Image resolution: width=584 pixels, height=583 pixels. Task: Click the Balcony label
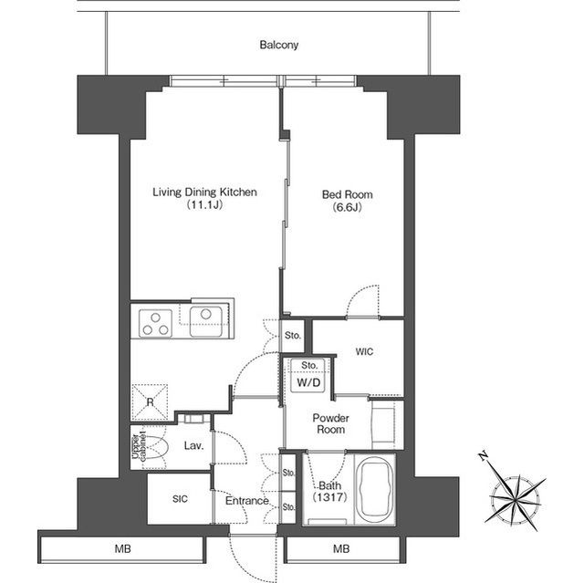(279, 45)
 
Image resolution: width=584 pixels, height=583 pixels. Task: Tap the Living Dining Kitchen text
(204, 193)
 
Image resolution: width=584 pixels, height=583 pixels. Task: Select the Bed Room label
(347, 194)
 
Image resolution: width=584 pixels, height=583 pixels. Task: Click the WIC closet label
(364, 351)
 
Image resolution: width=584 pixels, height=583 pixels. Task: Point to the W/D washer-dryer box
(308, 382)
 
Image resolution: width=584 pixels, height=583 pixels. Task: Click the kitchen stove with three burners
(156, 324)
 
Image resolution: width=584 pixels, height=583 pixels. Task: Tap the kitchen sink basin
(206, 321)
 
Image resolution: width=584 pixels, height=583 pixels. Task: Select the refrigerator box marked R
(150, 402)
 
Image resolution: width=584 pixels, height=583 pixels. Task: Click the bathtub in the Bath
(375, 488)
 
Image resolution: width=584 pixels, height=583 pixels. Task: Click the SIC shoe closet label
(181, 499)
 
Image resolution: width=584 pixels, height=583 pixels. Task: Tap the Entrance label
(247, 501)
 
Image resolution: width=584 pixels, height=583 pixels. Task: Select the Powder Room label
(330, 423)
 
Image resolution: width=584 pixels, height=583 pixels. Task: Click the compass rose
(516, 498)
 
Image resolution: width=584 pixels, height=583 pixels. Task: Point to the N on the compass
(484, 456)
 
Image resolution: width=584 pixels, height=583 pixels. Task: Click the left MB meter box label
(123, 548)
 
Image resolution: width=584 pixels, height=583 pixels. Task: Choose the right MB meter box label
(341, 548)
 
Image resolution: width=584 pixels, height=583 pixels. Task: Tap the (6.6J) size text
(347, 207)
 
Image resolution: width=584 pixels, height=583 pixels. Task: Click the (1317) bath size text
(330, 496)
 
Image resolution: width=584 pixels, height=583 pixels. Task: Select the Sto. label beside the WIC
(293, 336)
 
